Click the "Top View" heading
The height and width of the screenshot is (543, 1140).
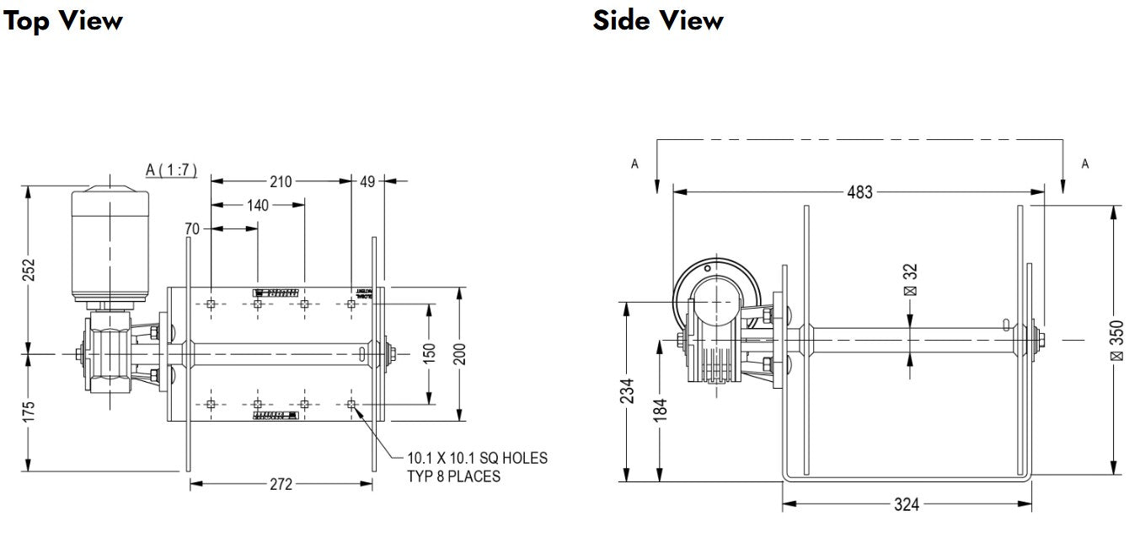coord(63,20)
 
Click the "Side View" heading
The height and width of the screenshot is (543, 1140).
coord(657,20)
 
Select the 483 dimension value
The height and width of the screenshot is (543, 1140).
coord(859,192)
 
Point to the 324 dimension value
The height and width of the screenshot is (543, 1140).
coord(906,505)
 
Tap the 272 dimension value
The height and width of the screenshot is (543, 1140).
coord(281,484)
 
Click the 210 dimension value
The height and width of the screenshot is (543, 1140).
coord(281,181)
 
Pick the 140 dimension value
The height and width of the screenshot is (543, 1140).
coord(258,205)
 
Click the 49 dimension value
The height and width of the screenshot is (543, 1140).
coord(367,181)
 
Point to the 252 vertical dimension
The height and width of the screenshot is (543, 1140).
coord(29,270)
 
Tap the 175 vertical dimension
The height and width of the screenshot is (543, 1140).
coord(29,412)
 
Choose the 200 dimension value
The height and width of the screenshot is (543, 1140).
coord(460,355)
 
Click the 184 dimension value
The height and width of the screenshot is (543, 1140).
coord(660,409)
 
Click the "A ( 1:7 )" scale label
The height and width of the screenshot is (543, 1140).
coord(171,170)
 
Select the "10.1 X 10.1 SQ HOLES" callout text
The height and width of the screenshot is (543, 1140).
coord(477,459)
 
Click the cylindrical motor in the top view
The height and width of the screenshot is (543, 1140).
coord(110,245)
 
